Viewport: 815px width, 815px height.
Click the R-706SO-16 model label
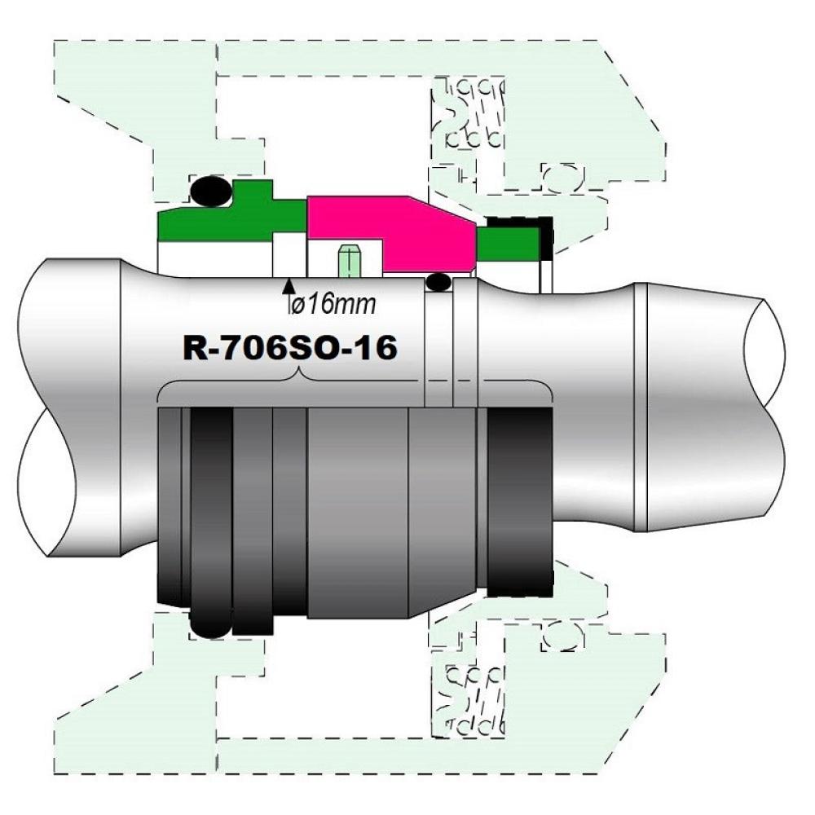(x=290, y=348)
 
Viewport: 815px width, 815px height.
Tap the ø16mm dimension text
(x=333, y=304)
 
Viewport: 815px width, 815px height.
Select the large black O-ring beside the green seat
(x=211, y=192)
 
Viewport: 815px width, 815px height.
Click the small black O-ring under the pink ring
(x=438, y=283)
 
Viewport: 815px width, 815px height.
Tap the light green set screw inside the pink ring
(x=349, y=261)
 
